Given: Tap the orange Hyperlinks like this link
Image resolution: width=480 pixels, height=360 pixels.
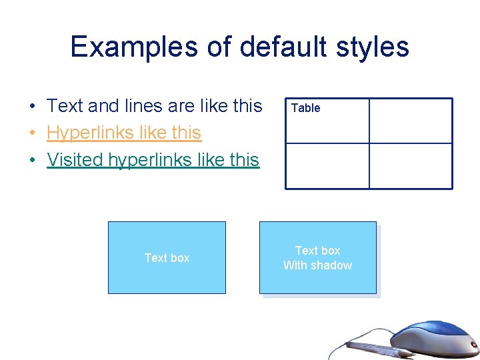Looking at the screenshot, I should click(x=124, y=133).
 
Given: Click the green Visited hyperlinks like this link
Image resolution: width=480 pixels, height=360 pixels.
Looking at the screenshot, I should click(x=153, y=160).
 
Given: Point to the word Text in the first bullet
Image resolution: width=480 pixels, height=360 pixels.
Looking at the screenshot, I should click(x=65, y=106).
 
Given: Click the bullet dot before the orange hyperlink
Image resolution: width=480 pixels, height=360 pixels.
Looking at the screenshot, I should click(x=32, y=133).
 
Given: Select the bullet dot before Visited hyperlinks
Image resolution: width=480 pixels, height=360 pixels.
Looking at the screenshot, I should click(x=32, y=161).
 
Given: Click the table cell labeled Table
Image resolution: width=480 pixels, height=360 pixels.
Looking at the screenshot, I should click(x=327, y=121).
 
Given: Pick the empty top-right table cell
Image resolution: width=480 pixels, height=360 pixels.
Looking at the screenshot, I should click(x=411, y=121).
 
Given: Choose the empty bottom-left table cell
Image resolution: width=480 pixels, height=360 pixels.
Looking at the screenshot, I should click(x=327, y=166).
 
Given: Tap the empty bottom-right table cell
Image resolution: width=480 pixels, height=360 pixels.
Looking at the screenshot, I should click(x=411, y=166).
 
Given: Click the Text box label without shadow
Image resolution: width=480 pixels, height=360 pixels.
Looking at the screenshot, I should click(x=167, y=258).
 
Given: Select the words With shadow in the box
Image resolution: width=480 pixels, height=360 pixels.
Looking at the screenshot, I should click(x=317, y=265).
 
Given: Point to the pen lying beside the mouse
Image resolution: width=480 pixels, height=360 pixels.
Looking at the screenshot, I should click(x=380, y=347).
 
